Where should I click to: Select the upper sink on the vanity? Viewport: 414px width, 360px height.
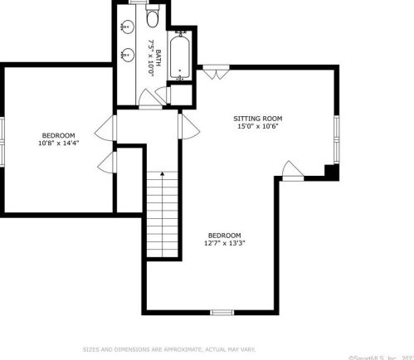(x=126, y=27)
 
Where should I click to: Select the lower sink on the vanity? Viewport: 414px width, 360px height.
(x=126, y=56)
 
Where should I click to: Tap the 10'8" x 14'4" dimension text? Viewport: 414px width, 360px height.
(x=58, y=144)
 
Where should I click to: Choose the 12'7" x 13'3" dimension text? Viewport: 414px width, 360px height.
(x=225, y=243)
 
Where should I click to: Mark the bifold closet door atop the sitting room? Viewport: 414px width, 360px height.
(x=214, y=73)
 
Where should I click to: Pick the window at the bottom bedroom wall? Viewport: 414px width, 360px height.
(x=221, y=313)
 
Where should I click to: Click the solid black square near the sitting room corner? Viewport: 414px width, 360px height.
(x=331, y=171)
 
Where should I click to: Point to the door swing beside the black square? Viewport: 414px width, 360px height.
(x=292, y=172)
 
